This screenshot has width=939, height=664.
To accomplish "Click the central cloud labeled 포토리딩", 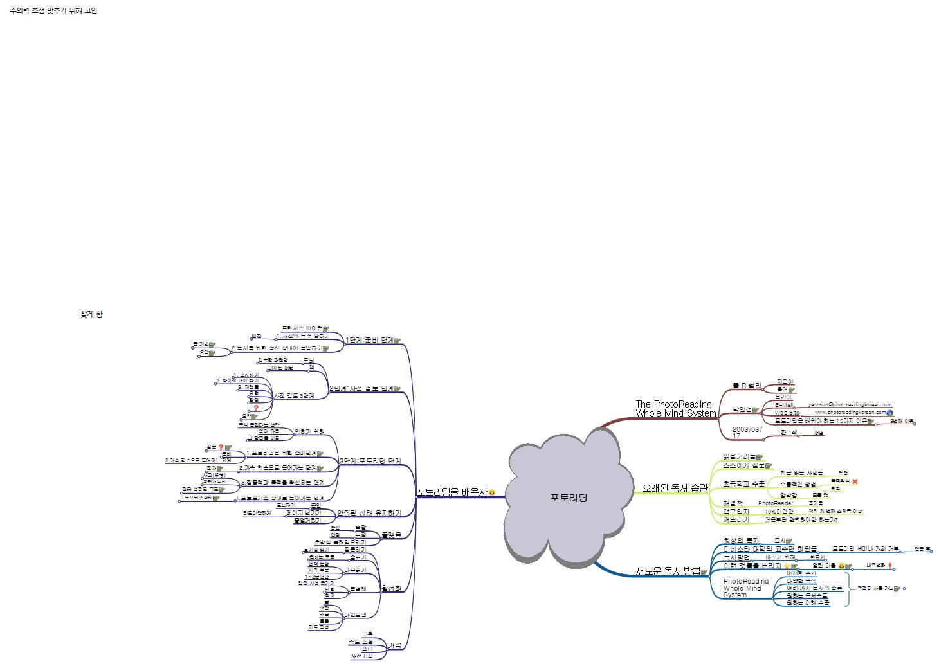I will click(569, 498).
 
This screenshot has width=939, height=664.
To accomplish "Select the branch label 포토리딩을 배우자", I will click(452, 492).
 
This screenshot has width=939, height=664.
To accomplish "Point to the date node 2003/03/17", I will click(747, 432).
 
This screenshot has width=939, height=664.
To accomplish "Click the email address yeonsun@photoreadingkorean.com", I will click(850, 404).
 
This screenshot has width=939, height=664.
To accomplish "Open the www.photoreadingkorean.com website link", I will click(850, 413).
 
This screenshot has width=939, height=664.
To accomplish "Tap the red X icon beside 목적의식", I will click(855, 481).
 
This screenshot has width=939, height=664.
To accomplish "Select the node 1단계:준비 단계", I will click(369, 340).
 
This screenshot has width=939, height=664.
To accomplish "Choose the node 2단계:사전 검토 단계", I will click(361, 388).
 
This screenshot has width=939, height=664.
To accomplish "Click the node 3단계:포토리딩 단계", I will click(370, 461).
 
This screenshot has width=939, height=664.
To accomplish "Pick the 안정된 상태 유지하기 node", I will click(369, 513).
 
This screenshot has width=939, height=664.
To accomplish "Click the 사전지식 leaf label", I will click(361, 656).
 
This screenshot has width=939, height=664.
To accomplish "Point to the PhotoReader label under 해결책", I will click(775, 503).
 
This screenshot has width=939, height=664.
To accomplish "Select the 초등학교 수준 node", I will click(743, 483).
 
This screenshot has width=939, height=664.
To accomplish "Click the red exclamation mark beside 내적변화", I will click(889, 566).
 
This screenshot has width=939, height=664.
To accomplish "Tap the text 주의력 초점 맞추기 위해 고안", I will click(53, 11).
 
